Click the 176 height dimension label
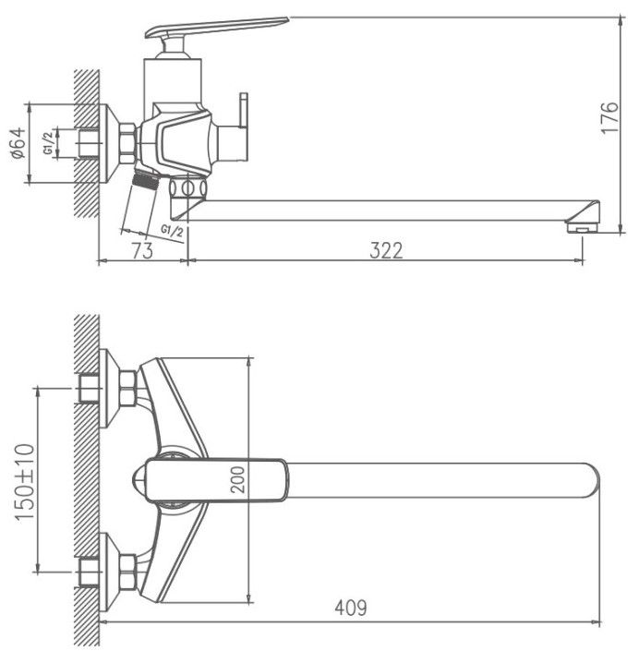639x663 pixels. [609, 117]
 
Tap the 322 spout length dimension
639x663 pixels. [386, 250]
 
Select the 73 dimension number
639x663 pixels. [142, 251]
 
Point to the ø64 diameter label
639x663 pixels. [18, 143]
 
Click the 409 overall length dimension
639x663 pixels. [351, 608]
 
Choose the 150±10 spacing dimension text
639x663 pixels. [25, 482]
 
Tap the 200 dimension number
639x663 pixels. [238, 479]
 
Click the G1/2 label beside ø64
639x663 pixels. [49, 143]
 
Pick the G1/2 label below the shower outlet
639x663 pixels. [173, 231]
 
